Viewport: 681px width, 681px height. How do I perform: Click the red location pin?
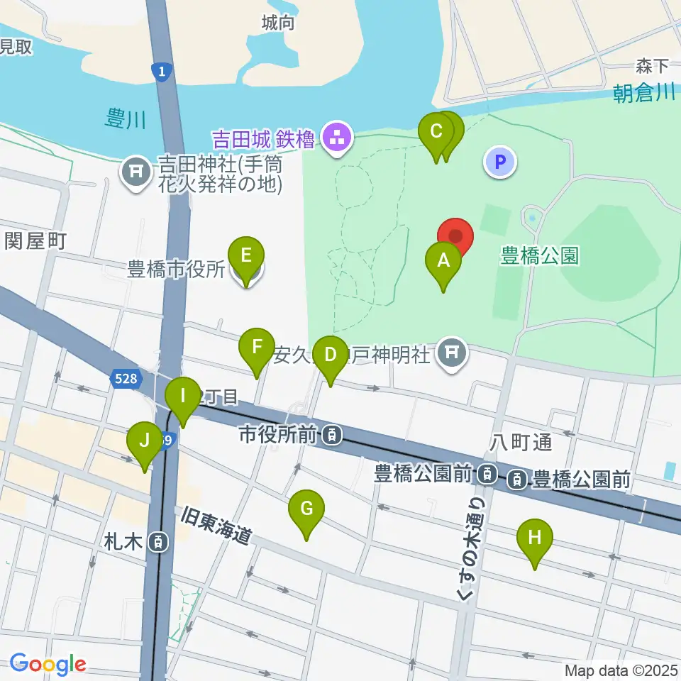pos(454,237)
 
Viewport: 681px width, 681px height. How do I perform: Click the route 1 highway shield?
pos(162,70)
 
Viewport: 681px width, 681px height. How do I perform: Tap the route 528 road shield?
pos(124,380)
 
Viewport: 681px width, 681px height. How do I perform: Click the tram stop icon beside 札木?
pos(160,543)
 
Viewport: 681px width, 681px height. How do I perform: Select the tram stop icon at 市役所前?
pos(331,436)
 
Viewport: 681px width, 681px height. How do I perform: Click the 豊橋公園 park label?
pos(541,255)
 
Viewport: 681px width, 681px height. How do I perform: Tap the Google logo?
pos(47,665)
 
